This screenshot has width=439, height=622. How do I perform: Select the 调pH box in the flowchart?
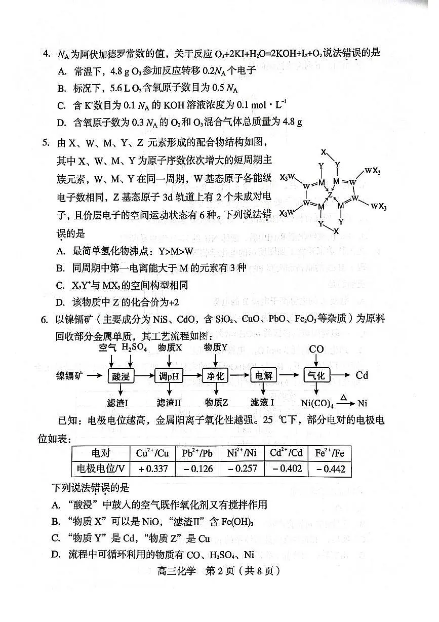[168, 376]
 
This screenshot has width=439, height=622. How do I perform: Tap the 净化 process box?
[216, 376]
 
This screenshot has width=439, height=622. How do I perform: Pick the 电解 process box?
[264, 376]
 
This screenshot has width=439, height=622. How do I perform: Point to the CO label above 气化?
[316, 349]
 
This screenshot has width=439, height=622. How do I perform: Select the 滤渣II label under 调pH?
[169, 403]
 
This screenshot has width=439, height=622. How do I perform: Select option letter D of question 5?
[61, 302]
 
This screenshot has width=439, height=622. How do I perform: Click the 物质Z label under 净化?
[216, 403]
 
